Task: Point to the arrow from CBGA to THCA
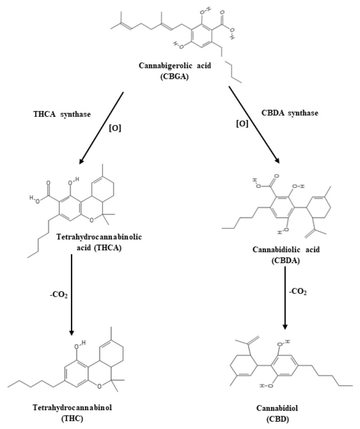[102, 127]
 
